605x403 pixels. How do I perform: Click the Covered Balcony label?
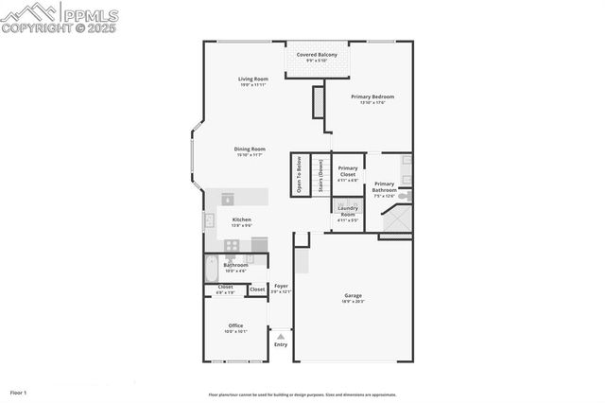pos(317,55)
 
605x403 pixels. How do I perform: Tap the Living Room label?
pos(252,79)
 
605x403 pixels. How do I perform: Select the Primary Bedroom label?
pos(372,96)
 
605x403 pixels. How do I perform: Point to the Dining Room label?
pos(250,149)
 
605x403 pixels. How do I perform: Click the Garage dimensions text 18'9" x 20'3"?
pos(353,301)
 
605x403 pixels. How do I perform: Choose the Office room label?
pos(235,325)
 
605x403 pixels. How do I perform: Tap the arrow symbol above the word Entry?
pos(281,335)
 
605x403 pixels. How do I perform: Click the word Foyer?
pos(281,286)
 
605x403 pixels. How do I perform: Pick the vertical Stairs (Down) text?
pos(320,175)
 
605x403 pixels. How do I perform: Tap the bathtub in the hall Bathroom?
pos(211,270)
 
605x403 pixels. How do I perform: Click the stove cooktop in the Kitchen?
pos(233,244)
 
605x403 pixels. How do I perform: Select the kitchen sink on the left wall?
pos(209,221)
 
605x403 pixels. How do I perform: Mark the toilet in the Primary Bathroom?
pos(406,197)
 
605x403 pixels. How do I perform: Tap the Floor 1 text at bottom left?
pos(19,392)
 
